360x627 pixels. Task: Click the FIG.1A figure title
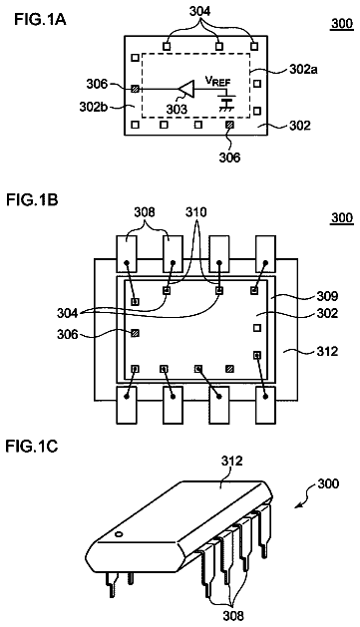pos(40,19)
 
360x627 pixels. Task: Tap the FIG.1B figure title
pos(32,199)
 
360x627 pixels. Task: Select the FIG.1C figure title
pos(32,446)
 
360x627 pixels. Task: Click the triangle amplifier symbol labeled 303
pos(186,89)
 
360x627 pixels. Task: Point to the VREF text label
pos(218,81)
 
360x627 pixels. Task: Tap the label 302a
pos(303,70)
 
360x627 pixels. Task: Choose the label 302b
pos(94,107)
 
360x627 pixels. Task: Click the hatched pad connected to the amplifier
pos(136,89)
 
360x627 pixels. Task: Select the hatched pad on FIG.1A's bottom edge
pos(229,126)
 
